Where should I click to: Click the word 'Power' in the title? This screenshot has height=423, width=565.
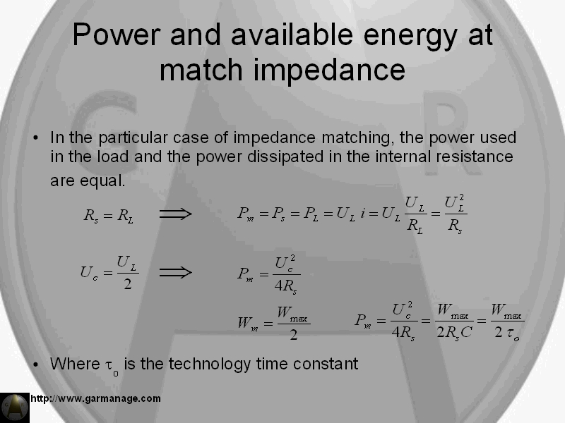[116, 35]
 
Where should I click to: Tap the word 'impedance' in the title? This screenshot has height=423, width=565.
[330, 70]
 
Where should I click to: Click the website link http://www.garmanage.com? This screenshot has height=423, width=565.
[95, 398]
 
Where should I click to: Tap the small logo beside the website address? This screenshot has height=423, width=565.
[14, 407]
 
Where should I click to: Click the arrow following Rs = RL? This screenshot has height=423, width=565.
[175, 214]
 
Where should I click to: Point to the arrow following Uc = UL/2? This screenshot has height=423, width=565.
[175, 272]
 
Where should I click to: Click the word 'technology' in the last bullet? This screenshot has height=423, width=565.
[209, 364]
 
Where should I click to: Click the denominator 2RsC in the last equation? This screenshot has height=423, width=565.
[454, 332]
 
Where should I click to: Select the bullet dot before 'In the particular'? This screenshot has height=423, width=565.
[35, 137]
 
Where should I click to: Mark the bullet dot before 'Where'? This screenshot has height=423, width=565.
[35, 364]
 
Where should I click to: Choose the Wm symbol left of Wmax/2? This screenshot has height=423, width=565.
[248, 324]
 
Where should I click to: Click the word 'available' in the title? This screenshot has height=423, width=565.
[292, 35]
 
